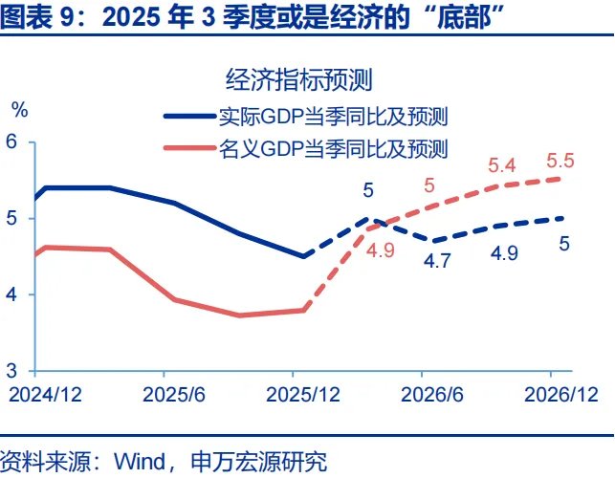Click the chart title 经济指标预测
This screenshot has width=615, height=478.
(297, 78)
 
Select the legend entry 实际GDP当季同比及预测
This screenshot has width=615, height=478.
(334, 117)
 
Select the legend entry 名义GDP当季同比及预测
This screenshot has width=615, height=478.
(334, 149)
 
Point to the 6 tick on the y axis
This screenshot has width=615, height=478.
(12, 141)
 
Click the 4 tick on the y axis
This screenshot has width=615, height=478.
(12, 294)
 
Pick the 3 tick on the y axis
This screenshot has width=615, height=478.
(12, 370)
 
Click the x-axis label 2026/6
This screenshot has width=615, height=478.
(428, 393)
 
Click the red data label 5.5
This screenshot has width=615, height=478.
(560, 161)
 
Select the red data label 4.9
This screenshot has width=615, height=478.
(381, 252)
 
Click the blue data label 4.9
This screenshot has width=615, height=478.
(504, 253)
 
